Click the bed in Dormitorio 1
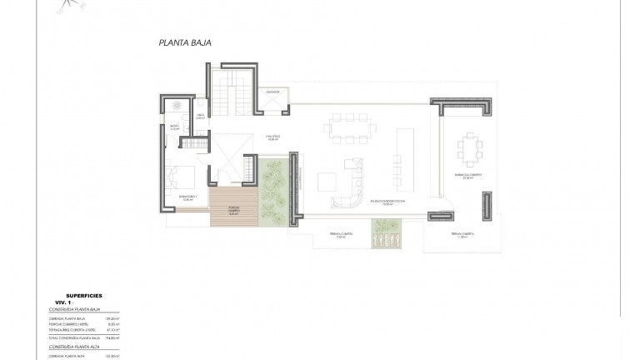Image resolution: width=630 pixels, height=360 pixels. (184, 177)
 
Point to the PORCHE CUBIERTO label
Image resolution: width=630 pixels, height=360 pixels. (232, 211)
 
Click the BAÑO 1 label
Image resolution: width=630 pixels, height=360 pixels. (175, 128)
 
